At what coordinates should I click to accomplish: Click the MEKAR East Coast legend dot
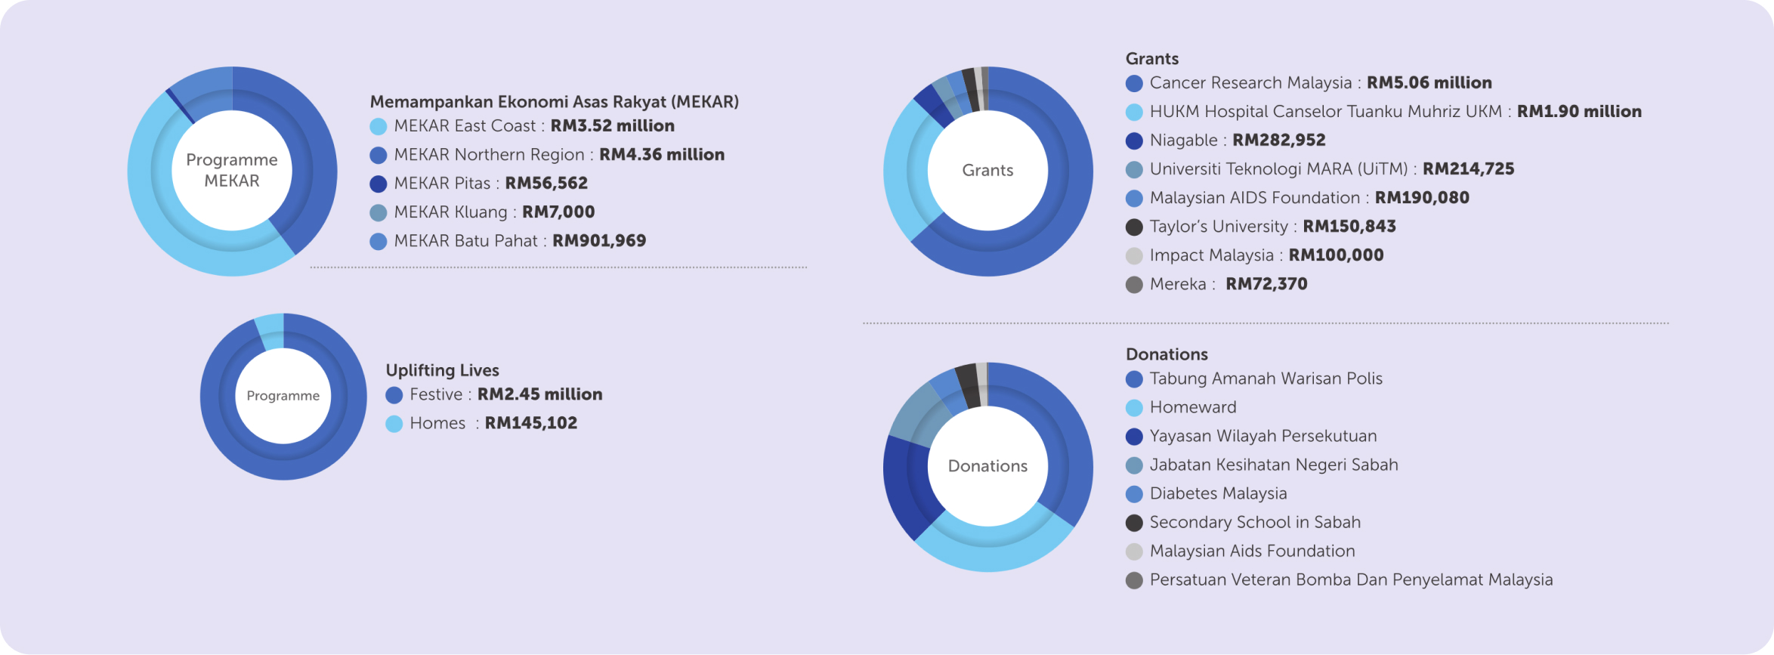click(x=379, y=126)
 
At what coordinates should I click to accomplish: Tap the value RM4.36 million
click(x=661, y=155)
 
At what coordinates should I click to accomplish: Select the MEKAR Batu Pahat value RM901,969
click(x=599, y=241)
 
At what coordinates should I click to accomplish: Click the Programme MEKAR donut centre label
click(x=232, y=171)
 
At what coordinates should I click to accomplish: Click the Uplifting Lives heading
click(x=442, y=370)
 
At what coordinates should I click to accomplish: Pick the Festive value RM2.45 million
click(x=539, y=394)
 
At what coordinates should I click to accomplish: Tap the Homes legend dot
click(x=394, y=424)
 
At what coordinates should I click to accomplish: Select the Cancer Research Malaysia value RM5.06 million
click(x=1429, y=83)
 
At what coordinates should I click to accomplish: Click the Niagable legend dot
click(x=1134, y=141)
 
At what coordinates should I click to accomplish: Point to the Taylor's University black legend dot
click(x=1134, y=227)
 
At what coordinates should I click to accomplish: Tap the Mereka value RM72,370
click(x=1266, y=284)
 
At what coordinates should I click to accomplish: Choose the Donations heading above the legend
click(x=1167, y=354)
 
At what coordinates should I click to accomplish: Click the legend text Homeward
click(x=1193, y=407)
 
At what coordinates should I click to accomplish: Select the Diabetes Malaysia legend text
click(x=1218, y=493)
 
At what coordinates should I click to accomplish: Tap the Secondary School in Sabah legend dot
click(x=1134, y=523)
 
